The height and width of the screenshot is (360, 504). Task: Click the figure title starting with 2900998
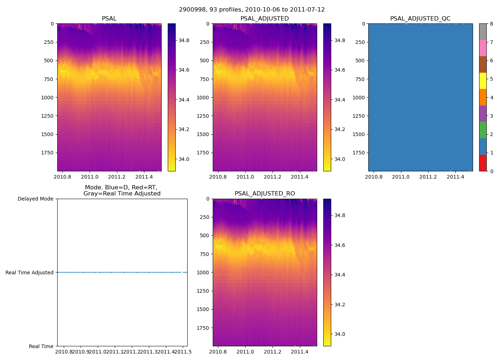[252, 10]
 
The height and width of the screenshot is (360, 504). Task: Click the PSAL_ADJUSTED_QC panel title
[420, 19]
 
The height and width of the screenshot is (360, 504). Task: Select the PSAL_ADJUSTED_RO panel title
[265, 194]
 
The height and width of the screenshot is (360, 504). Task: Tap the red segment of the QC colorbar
[483, 163]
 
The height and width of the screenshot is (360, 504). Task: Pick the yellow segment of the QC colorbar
[483, 81]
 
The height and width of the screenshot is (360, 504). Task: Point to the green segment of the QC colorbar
[483, 130]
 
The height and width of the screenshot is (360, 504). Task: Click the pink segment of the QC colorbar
[483, 48]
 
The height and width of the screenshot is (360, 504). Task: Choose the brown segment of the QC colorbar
[483, 64]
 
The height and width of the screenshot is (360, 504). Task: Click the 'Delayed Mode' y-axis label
[35, 199]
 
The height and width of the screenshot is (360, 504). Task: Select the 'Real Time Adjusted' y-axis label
[30, 273]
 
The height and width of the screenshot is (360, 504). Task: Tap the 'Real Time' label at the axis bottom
[41, 346]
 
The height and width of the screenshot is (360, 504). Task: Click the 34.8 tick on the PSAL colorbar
[184, 40]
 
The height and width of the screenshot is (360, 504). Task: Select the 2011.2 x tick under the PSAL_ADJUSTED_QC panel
[428, 177]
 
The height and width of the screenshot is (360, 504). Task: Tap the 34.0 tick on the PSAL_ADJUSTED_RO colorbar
[340, 334]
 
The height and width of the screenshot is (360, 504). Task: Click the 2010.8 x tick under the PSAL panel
[62, 177]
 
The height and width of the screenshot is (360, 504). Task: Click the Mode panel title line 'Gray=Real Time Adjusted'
[122, 194]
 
